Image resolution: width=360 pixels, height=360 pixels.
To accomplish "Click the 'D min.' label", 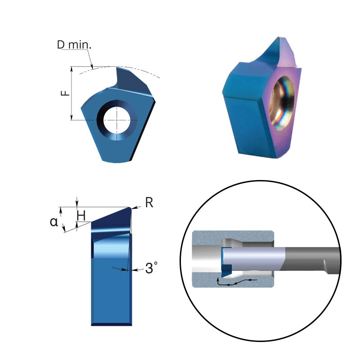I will coord(74,45).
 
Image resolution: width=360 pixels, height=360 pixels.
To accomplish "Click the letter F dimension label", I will coord(66,93).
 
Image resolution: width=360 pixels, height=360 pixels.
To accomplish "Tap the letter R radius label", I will coord(149,202).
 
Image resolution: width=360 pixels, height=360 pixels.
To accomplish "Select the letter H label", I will coord(81,216).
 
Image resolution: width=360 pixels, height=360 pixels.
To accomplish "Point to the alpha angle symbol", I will coord(54,222).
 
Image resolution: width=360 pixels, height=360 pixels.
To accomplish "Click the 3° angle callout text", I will coord(151,269).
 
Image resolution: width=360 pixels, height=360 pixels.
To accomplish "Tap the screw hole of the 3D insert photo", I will coord(283,103).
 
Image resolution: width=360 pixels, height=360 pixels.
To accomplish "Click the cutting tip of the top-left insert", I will coord(118,68).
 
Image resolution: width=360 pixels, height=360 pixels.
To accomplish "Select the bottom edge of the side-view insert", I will coord(111,324).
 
